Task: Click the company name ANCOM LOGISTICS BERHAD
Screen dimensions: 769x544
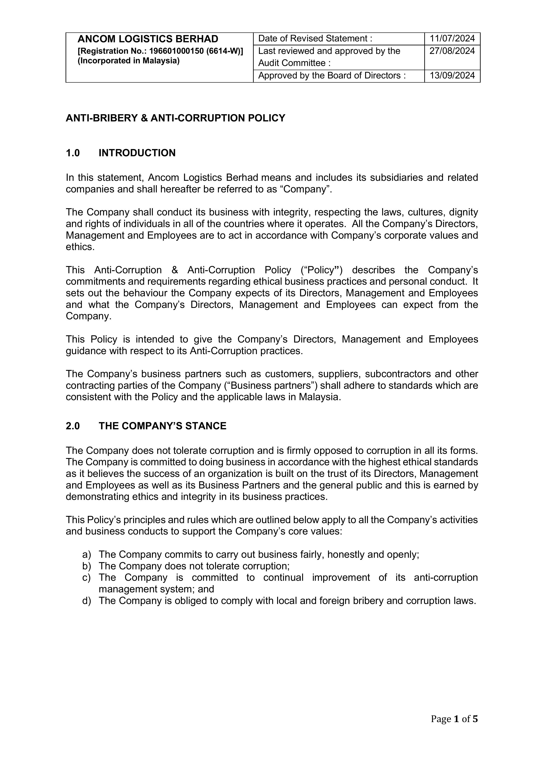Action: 148,39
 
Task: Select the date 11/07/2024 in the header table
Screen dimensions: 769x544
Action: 452,39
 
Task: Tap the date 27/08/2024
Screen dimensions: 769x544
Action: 452,51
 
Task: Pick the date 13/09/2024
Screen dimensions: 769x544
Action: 452,76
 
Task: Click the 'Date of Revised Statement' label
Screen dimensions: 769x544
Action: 315,39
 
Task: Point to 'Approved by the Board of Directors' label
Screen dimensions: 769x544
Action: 332,76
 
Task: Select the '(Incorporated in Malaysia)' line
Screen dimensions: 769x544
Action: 129,61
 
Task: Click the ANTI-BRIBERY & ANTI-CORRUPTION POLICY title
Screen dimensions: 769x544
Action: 175,118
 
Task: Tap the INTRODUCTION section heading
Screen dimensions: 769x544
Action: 137,153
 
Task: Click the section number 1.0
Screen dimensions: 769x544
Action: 73,153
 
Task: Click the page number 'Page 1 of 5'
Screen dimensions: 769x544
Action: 454,719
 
